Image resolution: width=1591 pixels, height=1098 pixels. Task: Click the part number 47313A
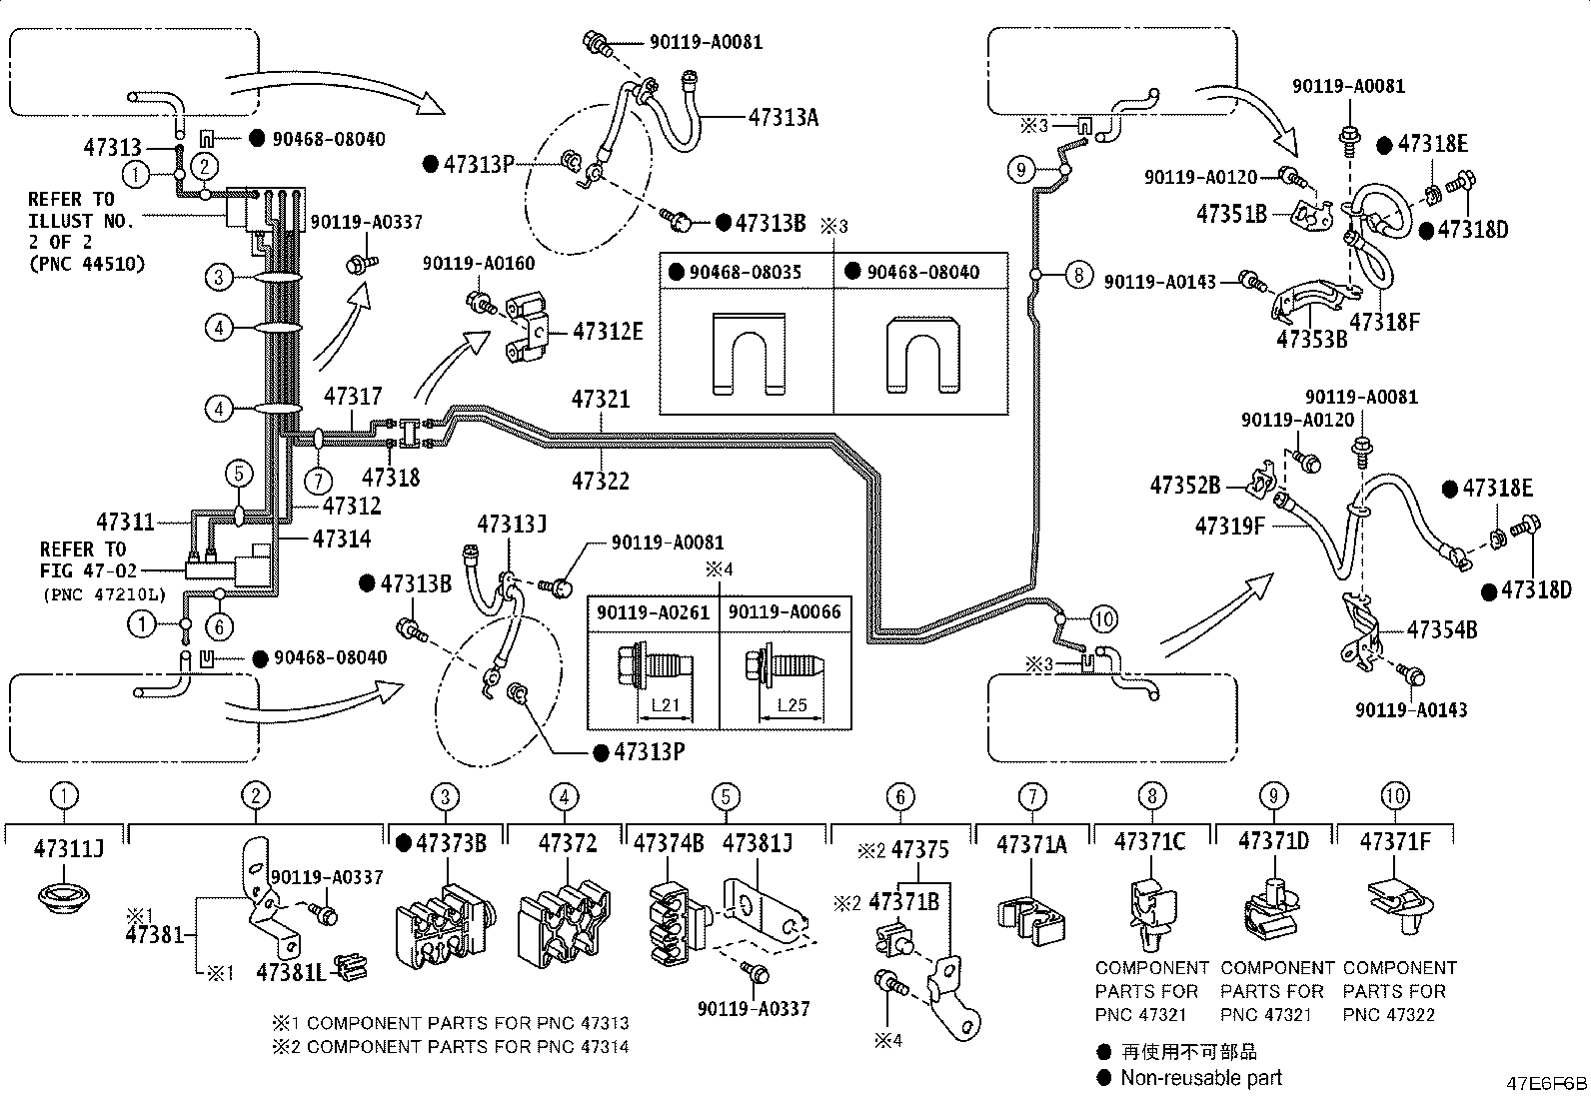point(784,117)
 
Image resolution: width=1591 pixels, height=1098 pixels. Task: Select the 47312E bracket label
point(608,331)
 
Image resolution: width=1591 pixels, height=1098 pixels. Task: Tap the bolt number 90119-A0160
point(479,264)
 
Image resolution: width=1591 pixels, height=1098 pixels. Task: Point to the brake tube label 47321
point(601,400)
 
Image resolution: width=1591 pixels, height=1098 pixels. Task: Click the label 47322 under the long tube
point(601,481)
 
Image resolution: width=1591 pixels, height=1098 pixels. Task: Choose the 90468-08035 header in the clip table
point(746,272)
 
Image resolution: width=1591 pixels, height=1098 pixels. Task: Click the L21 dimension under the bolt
point(666,704)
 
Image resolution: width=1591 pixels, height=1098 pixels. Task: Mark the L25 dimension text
point(792,704)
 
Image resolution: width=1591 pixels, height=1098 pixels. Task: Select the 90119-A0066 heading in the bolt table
point(785,612)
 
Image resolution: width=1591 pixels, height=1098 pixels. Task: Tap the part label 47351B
point(1231,214)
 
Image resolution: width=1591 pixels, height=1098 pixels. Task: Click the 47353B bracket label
point(1312,339)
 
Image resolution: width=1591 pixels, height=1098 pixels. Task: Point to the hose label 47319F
point(1230,527)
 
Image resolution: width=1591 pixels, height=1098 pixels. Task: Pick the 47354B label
point(1442,629)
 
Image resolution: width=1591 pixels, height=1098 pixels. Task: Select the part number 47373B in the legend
point(451,844)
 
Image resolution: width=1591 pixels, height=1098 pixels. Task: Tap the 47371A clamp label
point(1031,844)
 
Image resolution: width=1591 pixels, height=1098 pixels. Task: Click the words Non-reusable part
point(1201,1078)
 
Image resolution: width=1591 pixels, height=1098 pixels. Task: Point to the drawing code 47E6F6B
point(1546,1084)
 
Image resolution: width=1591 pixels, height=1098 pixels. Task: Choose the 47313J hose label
point(512,525)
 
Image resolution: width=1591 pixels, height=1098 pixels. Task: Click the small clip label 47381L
point(291,972)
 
